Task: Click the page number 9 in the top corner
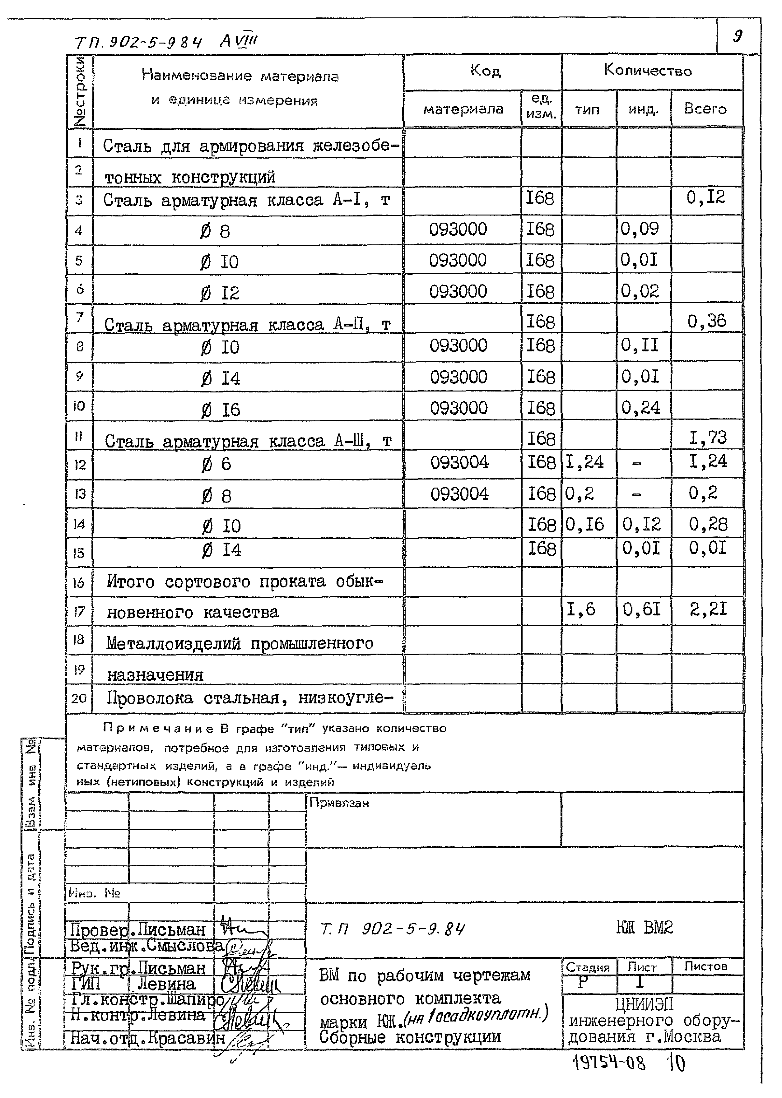737,36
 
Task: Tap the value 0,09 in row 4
640,229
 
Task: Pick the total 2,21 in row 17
708,609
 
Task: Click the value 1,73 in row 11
707,438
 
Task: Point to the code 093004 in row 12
459,463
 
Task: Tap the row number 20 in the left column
79,698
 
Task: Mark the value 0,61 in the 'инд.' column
641,610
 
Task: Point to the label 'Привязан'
339,803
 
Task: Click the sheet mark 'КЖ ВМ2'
644,928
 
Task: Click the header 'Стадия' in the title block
588,967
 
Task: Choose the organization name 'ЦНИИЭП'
644,1005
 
